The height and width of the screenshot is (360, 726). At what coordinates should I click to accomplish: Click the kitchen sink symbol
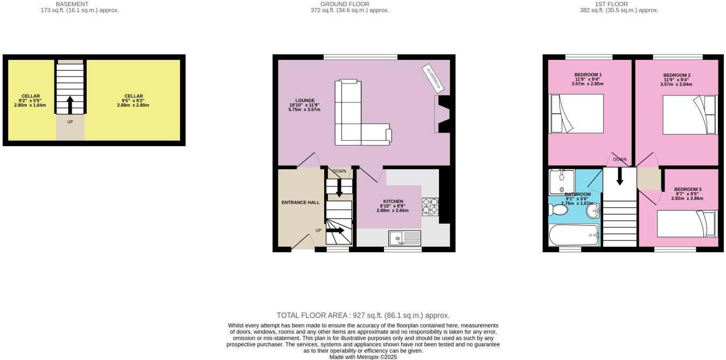[x=404, y=238]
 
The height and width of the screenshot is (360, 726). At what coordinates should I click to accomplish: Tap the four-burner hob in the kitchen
[x=430, y=206]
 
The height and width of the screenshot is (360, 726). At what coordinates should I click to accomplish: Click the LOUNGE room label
[x=297, y=100]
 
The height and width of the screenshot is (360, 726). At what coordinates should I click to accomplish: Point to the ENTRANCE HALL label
[x=301, y=203]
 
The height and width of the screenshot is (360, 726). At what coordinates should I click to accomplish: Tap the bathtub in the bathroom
[x=573, y=236]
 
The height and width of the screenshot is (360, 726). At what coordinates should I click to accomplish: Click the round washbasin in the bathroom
[x=594, y=210]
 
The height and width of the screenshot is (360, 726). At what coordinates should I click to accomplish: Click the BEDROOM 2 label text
[x=676, y=75]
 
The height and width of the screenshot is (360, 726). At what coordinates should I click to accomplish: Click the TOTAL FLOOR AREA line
[x=362, y=315]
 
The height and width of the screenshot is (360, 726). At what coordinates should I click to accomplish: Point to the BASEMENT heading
[x=72, y=4]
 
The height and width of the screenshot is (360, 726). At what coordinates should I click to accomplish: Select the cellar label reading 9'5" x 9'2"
[x=133, y=101]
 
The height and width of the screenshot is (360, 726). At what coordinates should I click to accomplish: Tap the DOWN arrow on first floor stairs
[x=619, y=176]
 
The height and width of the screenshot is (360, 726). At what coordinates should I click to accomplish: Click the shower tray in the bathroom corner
[x=561, y=182]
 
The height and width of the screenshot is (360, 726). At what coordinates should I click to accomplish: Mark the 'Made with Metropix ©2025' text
[x=363, y=357]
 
